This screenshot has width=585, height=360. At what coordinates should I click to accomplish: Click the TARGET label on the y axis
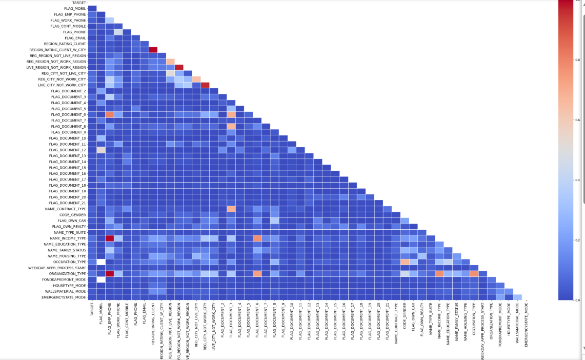tap(79, 3)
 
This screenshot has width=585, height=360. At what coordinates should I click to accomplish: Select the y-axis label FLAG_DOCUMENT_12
tap(68, 150)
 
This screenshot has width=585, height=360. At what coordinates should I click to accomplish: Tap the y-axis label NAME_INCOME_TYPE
tap(68, 238)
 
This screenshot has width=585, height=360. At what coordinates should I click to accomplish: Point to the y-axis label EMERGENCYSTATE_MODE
tap(65, 297)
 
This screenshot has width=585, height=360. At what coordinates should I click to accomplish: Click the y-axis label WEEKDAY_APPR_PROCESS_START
tap(57, 268)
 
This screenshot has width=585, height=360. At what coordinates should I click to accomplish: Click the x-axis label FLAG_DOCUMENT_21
tap(388, 320)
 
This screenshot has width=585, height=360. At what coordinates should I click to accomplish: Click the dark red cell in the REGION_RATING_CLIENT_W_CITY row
tap(153, 50)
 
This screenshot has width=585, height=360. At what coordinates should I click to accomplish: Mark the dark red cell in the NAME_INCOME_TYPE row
tap(109, 238)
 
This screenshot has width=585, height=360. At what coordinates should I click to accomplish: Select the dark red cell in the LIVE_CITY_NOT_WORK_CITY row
tap(205, 85)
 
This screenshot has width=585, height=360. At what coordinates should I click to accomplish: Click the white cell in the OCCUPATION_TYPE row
tap(100, 262)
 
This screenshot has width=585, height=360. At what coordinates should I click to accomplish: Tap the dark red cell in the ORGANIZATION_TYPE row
tap(109, 274)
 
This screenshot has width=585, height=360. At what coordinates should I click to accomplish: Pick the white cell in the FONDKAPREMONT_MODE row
tap(100, 279)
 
